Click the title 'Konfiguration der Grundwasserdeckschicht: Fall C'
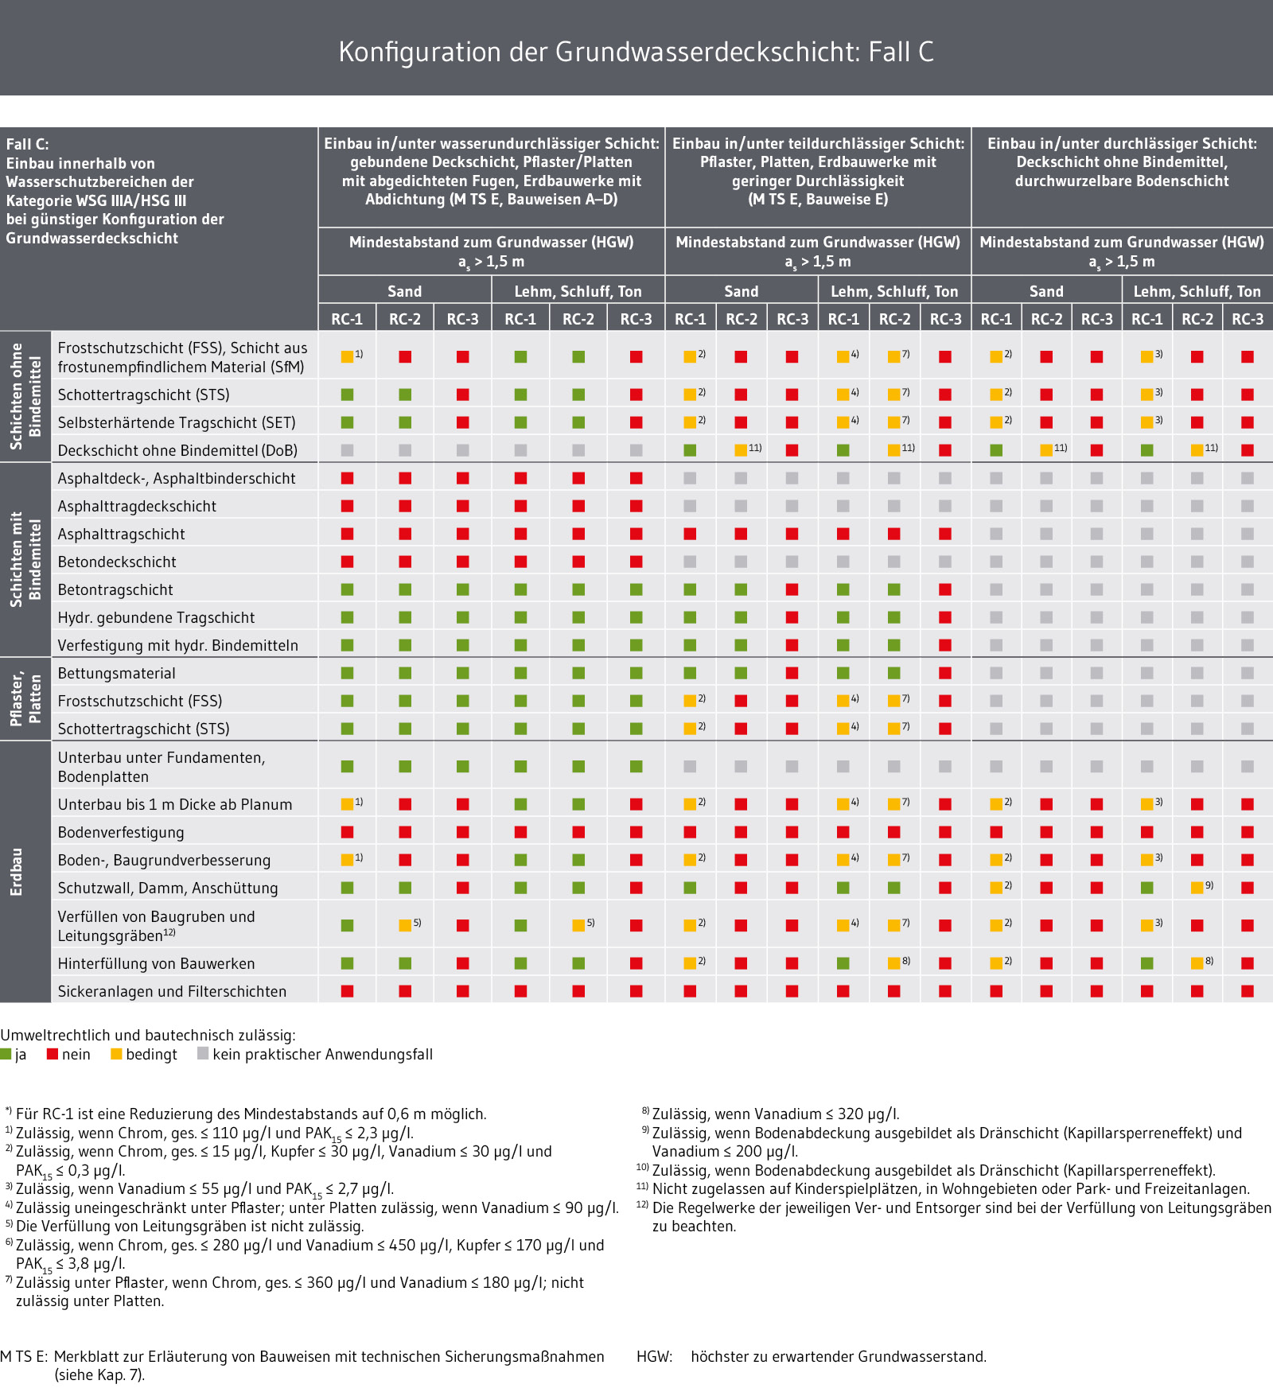pyautogui.click(x=636, y=52)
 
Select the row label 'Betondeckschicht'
pyautogui.click(x=117, y=562)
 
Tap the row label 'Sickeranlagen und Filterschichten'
pyautogui.click(x=172, y=992)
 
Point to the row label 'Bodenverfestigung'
pyautogui.click(x=121, y=833)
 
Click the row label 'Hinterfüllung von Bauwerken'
pyautogui.click(x=157, y=964)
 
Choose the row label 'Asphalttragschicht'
pyautogui.click(x=121, y=535)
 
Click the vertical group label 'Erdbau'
pyautogui.click(x=17, y=872)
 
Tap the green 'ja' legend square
pyautogui.click(x=6, y=1054)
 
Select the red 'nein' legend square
pyautogui.click(x=53, y=1054)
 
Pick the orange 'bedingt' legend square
pyautogui.click(x=116, y=1054)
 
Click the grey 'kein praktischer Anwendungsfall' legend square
pyautogui.click(x=203, y=1054)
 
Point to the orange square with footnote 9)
pyautogui.click(x=1197, y=888)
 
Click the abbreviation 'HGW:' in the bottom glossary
pyautogui.click(x=655, y=1357)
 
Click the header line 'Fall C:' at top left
pyautogui.click(x=28, y=144)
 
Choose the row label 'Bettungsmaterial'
pyautogui.click(x=117, y=674)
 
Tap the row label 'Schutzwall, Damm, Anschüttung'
pyautogui.click(x=168, y=888)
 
